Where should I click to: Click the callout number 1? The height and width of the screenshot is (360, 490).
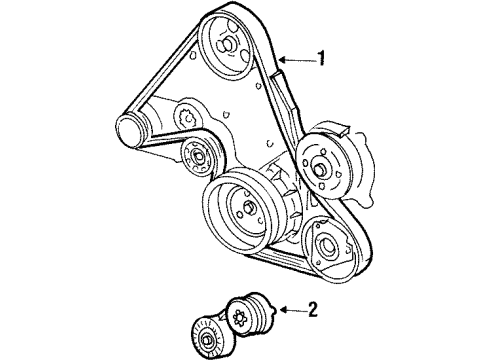[320, 58]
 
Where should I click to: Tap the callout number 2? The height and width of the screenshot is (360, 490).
[312, 309]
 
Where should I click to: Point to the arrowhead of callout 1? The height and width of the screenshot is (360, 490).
[283, 60]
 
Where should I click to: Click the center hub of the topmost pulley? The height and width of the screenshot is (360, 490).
[226, 44]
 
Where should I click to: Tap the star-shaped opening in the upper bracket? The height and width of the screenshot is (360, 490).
[187, 118]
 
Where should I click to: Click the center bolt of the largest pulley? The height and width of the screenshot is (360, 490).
[248, 207]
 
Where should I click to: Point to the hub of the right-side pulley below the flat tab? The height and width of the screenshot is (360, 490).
[318, 169]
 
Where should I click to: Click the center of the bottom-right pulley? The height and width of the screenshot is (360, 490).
[325, 247]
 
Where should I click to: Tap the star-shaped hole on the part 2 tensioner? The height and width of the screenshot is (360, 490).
[239, 317]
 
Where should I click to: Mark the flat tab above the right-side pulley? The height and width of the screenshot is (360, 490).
[341, 130]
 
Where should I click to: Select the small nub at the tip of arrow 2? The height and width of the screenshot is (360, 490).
[275, 309]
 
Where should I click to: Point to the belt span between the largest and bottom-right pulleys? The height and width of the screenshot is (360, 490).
[280, 258]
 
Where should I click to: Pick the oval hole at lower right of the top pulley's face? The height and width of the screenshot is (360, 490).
[246, 55]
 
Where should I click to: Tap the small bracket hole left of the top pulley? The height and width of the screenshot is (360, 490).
[192, 55]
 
